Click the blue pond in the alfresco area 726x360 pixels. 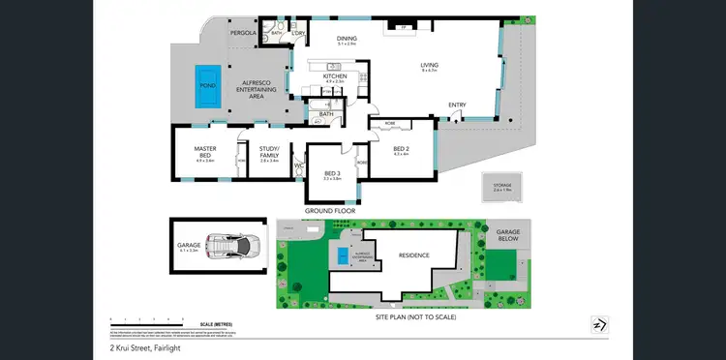click(x=205, y=75)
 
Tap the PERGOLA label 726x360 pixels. click(x=242, y=33)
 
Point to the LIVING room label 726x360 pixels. click(x=430, y=66)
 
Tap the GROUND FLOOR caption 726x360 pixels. click(x=330, y=210)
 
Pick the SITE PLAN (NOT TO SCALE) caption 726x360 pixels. click(x=415, y=316)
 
